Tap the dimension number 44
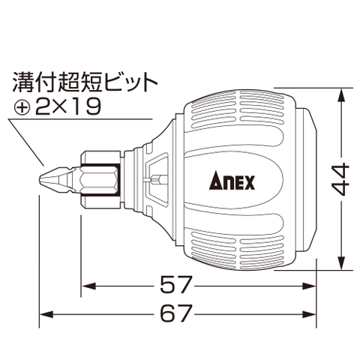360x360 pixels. [341, 180]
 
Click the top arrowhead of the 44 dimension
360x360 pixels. [342, 94]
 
